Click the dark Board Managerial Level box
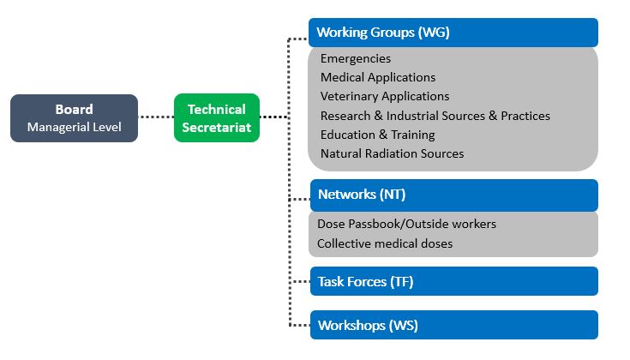74,118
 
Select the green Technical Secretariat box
217,117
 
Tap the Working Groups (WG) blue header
453,33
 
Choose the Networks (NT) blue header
454,195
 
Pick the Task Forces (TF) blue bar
454,281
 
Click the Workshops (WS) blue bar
454,325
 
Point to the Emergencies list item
356,58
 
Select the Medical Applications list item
378,77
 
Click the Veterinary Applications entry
385,96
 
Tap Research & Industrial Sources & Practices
435,116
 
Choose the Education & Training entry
378,135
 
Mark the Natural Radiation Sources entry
393,153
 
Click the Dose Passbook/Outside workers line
406,224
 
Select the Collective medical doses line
385,243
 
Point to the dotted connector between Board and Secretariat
156,117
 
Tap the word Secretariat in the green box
217,128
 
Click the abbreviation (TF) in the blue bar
401,282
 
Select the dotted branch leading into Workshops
300,325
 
